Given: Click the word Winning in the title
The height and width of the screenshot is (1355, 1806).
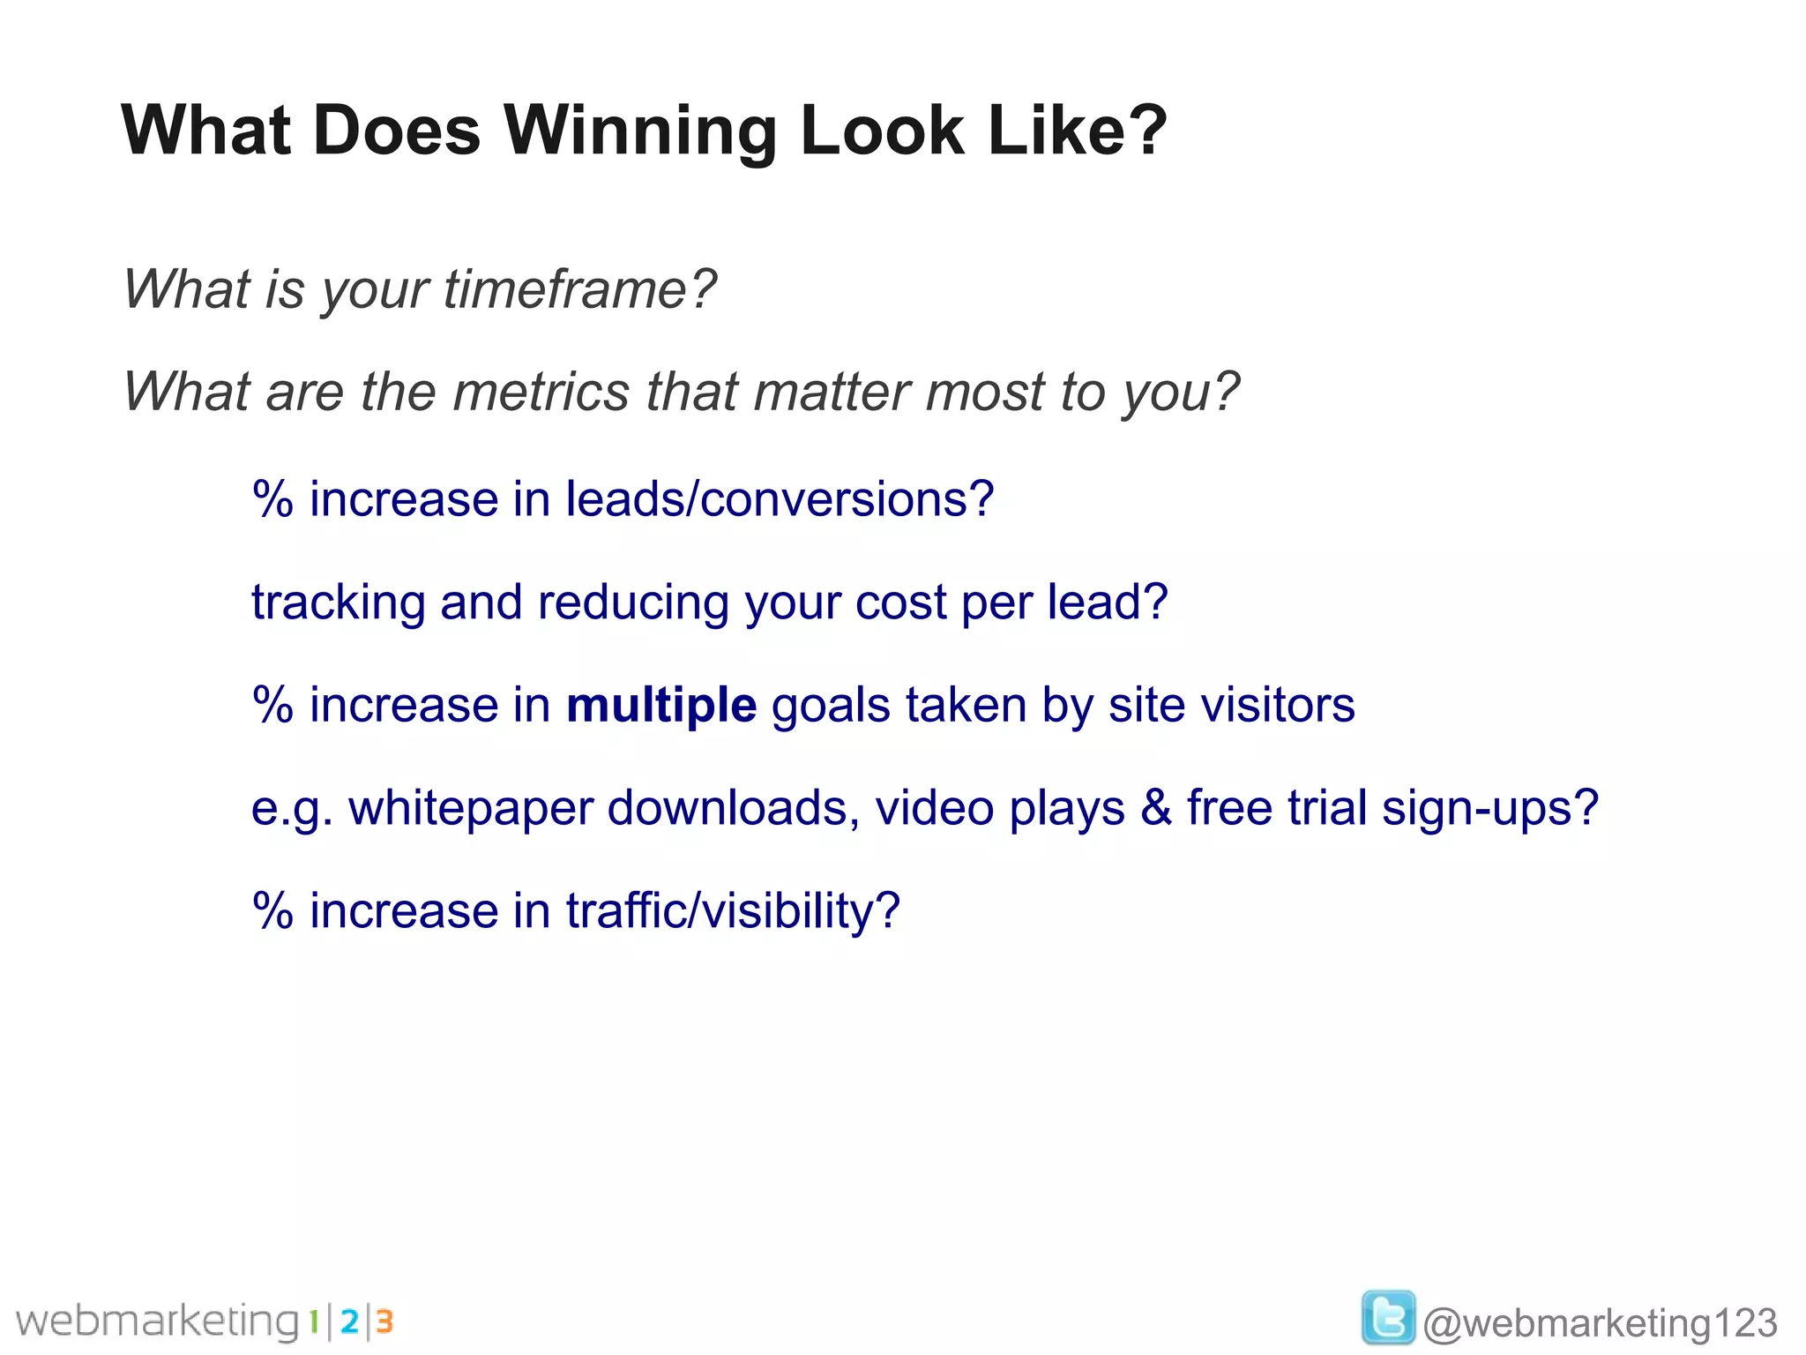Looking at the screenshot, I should (x=640, y=131).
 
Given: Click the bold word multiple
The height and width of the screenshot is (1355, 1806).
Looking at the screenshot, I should (x=660, y=705).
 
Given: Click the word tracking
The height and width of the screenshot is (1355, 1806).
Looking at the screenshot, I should (x=338, y=603).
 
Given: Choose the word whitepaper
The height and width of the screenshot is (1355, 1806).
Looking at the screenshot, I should (x=470, y=808).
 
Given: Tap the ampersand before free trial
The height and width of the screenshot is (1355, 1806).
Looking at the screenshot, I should (x=1155, y=808).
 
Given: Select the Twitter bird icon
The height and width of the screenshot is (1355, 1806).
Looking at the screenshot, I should (x=1387, y=1317).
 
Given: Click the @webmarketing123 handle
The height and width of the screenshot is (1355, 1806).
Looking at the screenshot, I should (x=1600, y=1322).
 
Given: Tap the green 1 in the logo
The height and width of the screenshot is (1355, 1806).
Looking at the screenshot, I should (x=313, y=1321).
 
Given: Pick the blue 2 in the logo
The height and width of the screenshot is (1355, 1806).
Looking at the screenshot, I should (x=349, y=1321).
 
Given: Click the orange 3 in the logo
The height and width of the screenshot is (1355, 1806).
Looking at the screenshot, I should (x=384, y=1321).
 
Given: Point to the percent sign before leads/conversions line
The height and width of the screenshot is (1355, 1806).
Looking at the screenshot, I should (x=272, y=500).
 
